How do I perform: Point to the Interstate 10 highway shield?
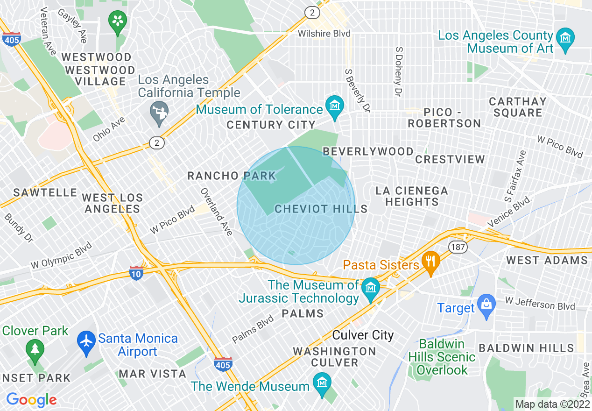136,273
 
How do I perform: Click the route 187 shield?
458,247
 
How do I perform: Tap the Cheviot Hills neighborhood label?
321,209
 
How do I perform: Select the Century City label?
271,125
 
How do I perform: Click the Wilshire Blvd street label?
324,34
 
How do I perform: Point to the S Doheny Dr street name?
398,71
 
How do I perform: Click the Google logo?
31,400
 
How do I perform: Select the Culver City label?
363,335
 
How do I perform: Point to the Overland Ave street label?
216,212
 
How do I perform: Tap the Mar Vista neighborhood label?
152,374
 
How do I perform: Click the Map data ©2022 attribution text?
552,404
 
